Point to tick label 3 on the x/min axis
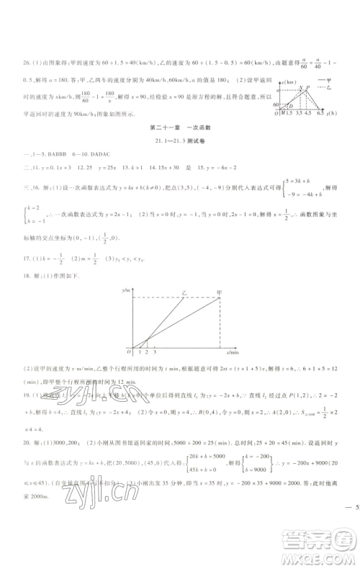(x=156, y=352)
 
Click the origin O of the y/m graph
(x=127, y=351)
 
